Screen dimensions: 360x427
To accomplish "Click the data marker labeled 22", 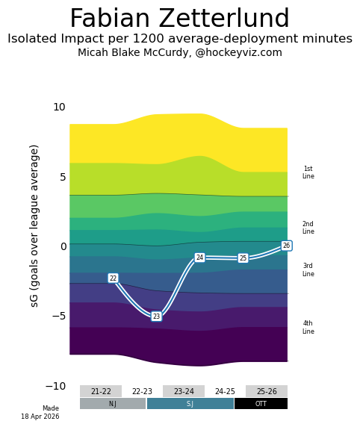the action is click(x=113, y=278).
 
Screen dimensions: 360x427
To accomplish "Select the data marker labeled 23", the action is click(x=156, y=317).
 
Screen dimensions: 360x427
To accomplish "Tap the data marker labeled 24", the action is click(x=199, y=258).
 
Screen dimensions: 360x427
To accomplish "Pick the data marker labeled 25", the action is click(x=243, y=258).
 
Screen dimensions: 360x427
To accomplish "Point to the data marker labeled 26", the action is click(x=286, y=246).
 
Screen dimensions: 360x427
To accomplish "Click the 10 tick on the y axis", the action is click(x=60, y=107).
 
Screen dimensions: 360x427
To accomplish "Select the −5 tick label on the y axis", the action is click(x=59, y=316).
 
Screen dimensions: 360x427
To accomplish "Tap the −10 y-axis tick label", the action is click(x=55, y=386).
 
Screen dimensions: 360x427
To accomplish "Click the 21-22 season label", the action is click(x=101, y=391).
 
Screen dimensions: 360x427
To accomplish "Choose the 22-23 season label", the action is click(x=142, y=391).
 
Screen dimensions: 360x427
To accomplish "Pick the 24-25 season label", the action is click(x=225, y=391).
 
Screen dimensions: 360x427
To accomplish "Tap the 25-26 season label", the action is click(x=267, y=391).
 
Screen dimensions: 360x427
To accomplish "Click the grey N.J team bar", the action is click(x=113, y=403).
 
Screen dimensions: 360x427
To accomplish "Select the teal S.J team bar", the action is click(x=190, y=403).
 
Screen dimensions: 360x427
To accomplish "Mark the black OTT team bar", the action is click(x=261, y=403).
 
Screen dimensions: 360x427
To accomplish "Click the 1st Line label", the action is click(x=308, y=172).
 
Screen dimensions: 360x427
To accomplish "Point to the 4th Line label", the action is click(x=308, y=327).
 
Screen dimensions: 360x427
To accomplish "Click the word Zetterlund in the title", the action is click(x=223, y=18).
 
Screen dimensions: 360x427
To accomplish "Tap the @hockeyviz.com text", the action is click(x=238, y=52).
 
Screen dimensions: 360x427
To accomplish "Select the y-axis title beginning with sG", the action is click(x=34, y=226).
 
